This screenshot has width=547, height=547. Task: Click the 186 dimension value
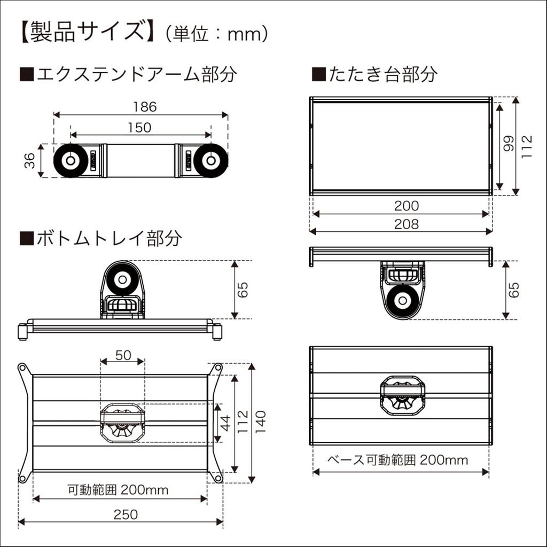(145, 107)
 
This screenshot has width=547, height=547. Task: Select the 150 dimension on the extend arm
(140, 127)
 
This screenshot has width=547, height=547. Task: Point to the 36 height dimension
(30, 160)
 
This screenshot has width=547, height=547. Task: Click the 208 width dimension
(407, 224)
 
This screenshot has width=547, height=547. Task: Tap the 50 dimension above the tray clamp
(122, 355)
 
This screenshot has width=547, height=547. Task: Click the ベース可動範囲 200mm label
(397, 459)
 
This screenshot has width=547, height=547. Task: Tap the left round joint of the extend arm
(69, 160)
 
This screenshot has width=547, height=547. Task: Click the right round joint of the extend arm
(212, 160)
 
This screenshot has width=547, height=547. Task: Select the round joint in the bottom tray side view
(121, 279)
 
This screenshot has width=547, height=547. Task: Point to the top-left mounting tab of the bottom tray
(22, 368)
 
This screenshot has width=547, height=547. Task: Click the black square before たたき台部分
(318, 74)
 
